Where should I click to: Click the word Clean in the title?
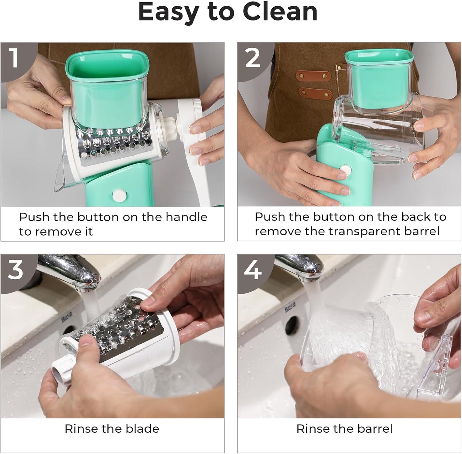280,12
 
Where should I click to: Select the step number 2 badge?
253,58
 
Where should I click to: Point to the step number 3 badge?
15,269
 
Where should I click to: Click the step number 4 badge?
253,269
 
